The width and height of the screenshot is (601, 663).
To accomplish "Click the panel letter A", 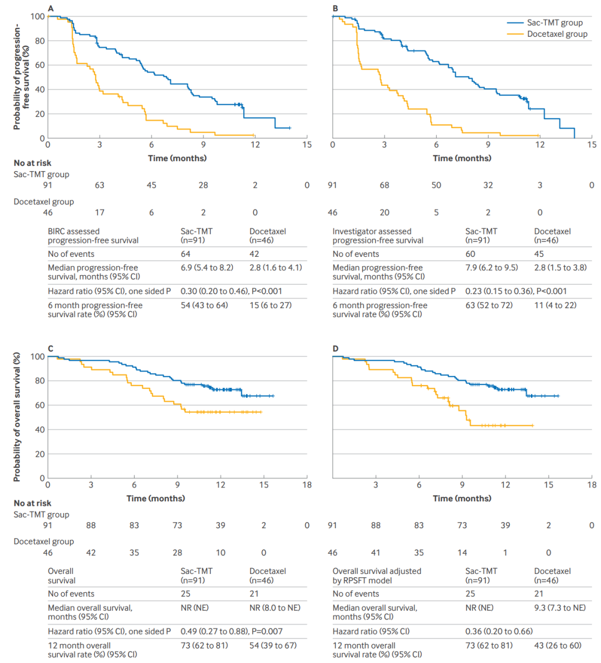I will click(51, 8).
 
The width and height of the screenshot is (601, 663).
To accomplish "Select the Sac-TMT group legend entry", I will click(554, 23).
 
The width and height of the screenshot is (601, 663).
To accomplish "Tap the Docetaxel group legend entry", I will click(557, 34).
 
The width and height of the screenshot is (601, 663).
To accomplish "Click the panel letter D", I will click(336, 349).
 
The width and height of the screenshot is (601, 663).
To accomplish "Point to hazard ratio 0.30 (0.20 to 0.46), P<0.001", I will click(231, 291).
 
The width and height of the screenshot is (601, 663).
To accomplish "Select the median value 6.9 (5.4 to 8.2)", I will click(206, 267).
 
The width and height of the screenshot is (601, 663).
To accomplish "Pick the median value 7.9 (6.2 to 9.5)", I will click(491, 267).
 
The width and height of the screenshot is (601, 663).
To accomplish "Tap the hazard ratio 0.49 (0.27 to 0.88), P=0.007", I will click(231, 631).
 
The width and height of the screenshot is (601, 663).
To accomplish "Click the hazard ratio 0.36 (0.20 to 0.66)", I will click(499, 631).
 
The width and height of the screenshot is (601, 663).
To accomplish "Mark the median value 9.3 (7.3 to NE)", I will click(560, 608).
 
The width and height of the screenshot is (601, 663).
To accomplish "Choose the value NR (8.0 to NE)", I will click(274, 608).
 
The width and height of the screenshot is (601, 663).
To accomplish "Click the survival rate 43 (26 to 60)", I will click(558, 645).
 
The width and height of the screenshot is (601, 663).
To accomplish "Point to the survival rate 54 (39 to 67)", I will click(273, 645).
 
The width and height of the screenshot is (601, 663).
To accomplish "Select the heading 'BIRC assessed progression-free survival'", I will click(93, 236).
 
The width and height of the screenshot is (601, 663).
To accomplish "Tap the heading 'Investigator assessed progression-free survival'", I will click(378, 236).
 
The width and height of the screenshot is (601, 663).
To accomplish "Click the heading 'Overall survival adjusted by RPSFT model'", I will click(377, 576).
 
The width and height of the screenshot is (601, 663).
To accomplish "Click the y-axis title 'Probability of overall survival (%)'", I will click(17, 417).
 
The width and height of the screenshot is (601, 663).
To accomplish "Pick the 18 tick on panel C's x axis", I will click(307, 485).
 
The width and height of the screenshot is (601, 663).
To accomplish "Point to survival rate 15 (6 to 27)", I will click(270, 305).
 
